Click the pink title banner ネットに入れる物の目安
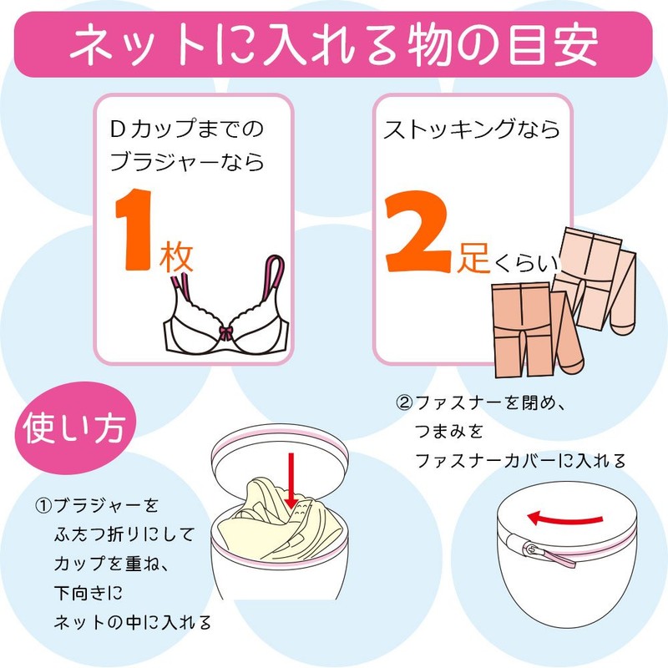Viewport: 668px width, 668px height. [x=334, y=42]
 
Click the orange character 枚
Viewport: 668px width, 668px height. [x=176, y=258]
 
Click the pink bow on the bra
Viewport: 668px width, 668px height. [x=223, y=333]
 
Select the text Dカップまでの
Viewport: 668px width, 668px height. [x=185, y=129]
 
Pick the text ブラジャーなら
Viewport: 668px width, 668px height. [x=187, y=161]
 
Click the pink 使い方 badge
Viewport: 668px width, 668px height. [x=73, y=431]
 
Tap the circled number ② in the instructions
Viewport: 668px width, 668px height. [x=404, y=403]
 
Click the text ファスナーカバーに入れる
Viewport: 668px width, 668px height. [x=519, y=460]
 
